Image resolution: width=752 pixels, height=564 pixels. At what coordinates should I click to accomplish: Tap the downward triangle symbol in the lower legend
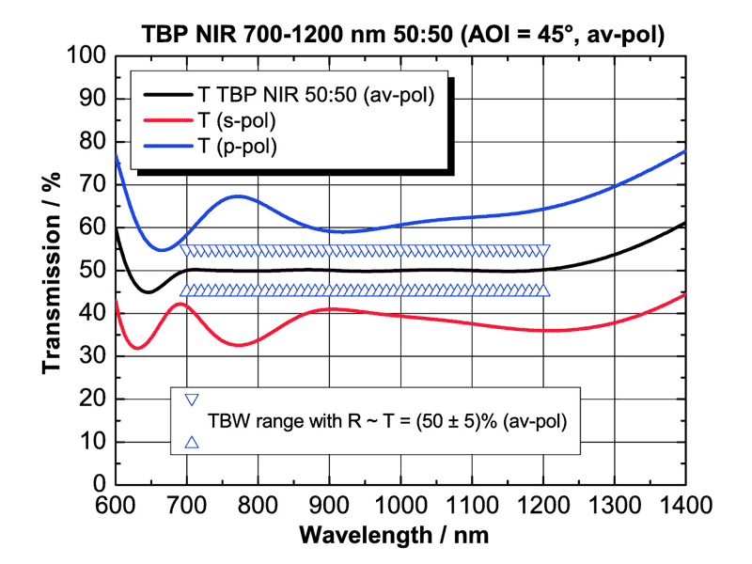tap(192, 400)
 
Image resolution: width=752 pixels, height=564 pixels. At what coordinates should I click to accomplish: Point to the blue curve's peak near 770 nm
tap(238, 196)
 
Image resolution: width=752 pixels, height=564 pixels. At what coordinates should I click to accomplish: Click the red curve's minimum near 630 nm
tap(137, 349)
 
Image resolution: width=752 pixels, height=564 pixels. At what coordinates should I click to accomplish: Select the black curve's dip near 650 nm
tap(149, 292)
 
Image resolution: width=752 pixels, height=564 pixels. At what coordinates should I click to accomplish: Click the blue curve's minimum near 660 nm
tap(160, 250)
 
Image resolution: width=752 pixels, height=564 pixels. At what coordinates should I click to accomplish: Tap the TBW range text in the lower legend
tap(387, 422)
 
